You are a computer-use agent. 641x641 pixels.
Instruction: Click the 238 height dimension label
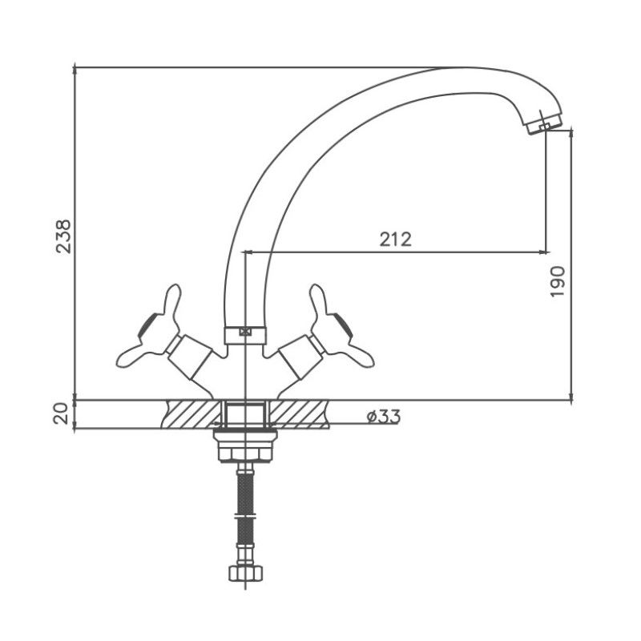[63, 236]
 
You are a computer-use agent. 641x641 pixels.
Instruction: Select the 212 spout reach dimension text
[395, 239]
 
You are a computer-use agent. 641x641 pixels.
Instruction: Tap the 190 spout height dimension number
[557, 282]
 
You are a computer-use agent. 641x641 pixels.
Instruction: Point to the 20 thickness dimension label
[61, 413]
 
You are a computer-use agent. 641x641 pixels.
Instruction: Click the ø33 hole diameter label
[384, 417]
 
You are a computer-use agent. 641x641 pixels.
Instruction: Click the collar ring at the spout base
[245, 335]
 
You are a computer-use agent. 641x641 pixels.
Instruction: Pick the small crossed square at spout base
[245, 332]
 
